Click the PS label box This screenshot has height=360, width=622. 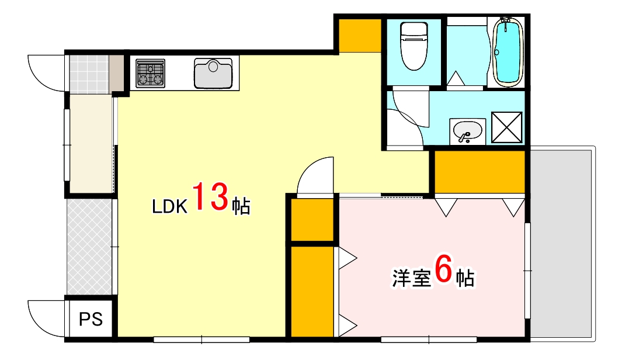[x=91, y=319]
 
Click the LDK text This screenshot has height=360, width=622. [x=169, y=206]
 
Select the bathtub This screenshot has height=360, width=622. [x=507, y=51]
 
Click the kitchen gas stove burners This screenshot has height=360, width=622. [x=150, y=74]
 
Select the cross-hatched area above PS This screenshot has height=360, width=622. [x=89, y=248]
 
